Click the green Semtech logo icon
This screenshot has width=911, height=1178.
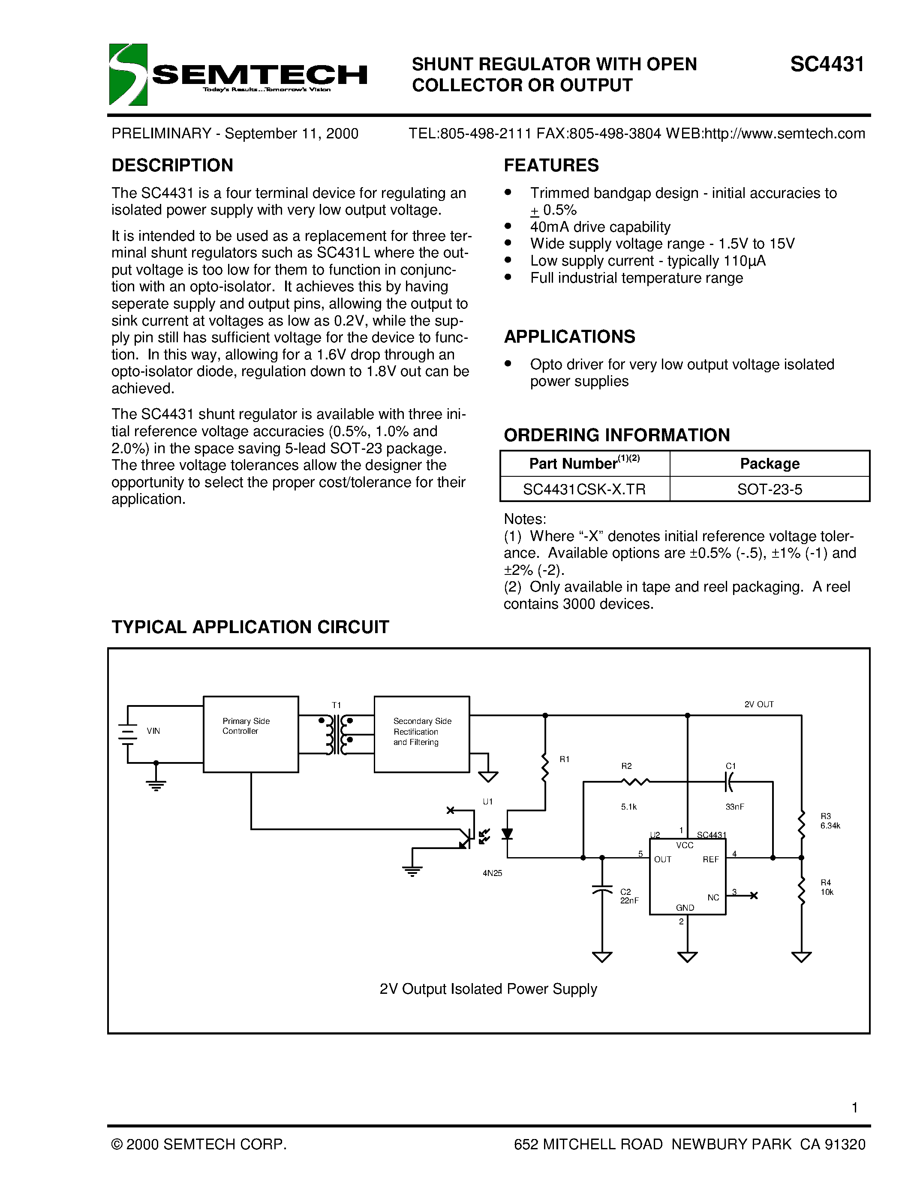[128, 75]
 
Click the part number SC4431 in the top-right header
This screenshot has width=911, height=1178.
[827, 65]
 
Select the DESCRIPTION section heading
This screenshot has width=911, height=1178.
[172, 165]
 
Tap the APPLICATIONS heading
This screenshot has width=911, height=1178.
[569, 337]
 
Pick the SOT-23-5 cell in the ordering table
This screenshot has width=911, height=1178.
[770, 489]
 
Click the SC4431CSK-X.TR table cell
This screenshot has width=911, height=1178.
[584, 489]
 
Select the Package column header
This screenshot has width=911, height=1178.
[770, 463]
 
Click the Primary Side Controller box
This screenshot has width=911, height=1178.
[250, 734]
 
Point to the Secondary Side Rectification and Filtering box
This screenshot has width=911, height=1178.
[421, 734]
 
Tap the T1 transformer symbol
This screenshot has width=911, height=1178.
[336, 734]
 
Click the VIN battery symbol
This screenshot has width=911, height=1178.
[128, 733]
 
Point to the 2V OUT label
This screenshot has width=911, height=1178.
[759, 704]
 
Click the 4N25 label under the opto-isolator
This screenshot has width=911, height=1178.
[492, 873]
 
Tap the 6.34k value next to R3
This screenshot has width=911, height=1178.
[830, 826]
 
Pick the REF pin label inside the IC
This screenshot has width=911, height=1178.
[710, 860]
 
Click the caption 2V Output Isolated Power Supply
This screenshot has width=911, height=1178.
[488, 989]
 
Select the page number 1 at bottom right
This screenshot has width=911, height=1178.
[854, 1108]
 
